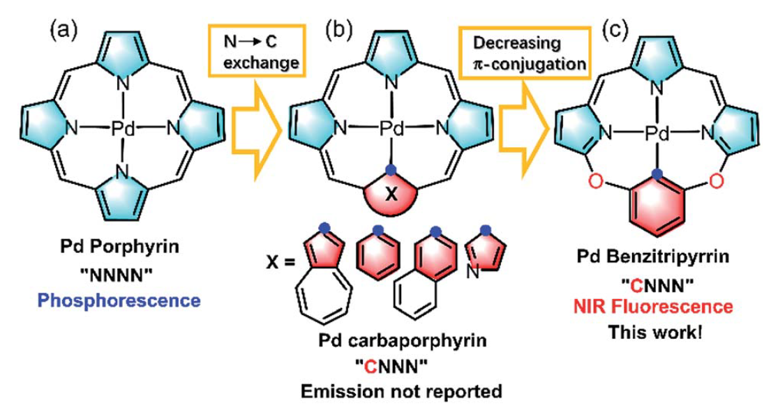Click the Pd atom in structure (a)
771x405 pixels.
coord(123,128)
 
